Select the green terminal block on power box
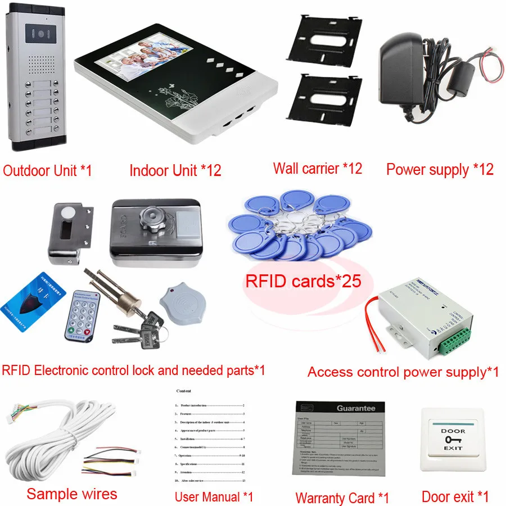(454, 342)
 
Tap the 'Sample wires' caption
(71, 494)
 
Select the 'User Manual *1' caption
(214, 496)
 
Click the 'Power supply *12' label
(440, 169)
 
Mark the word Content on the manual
(183, 391)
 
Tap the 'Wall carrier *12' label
(318, 168)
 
